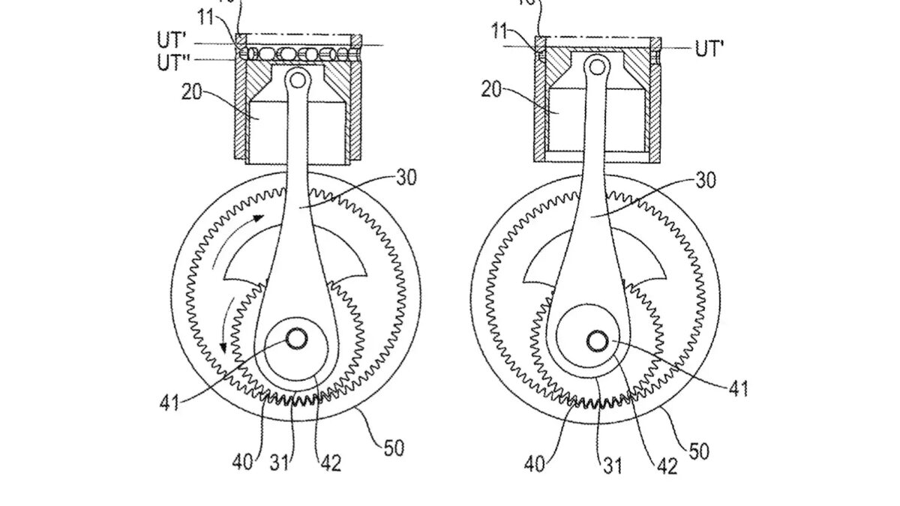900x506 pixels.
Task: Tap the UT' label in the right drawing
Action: [x=709, y=50]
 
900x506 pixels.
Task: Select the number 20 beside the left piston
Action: [x=193, y=93]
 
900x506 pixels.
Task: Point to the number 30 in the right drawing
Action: [x=706, y=181]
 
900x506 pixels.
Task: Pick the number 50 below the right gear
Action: [x=697, y=451]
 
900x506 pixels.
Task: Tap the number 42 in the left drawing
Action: [x=330, y=463]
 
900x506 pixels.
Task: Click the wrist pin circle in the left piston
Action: [x=298, y=77]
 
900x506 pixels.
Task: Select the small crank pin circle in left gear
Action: [x=295, y=340]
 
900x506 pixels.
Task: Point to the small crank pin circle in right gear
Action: [x=598, y=342]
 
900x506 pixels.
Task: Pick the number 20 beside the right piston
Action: [x=493, y=90]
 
